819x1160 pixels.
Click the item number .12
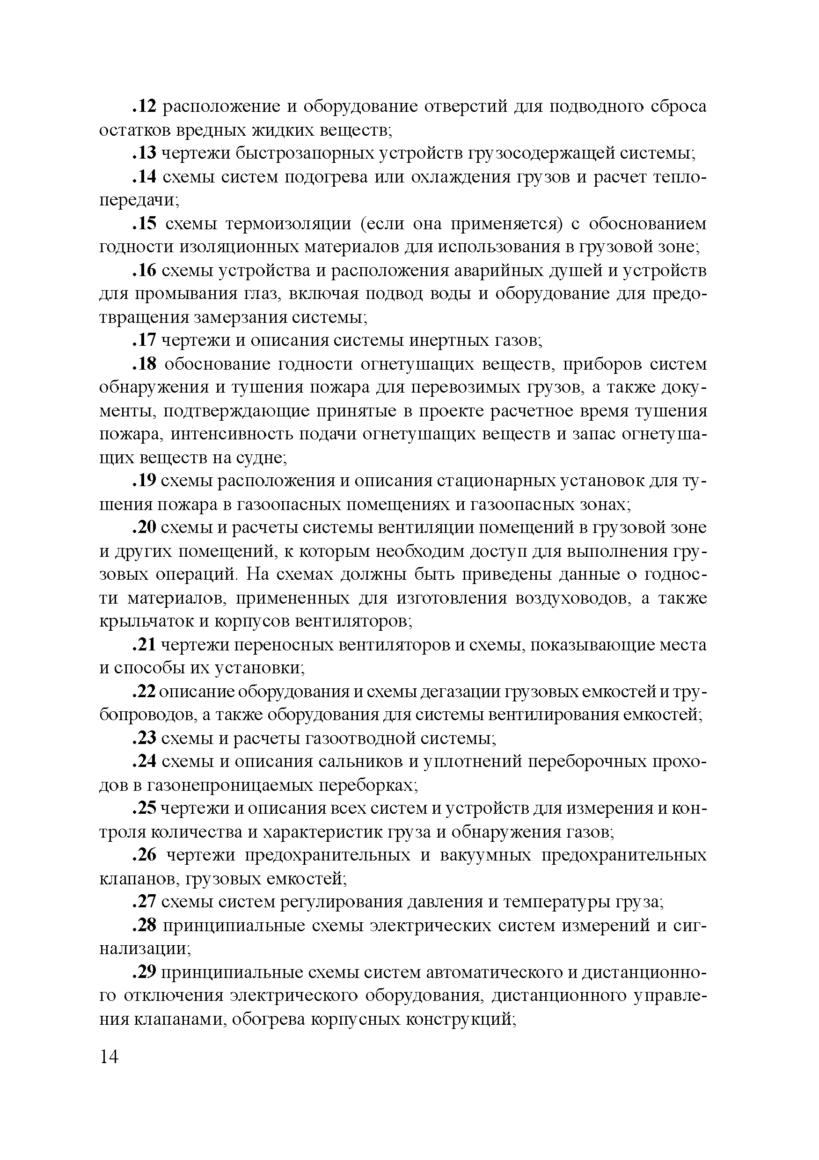146,107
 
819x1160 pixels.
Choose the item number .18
146,364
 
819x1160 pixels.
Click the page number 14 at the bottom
110,1057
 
